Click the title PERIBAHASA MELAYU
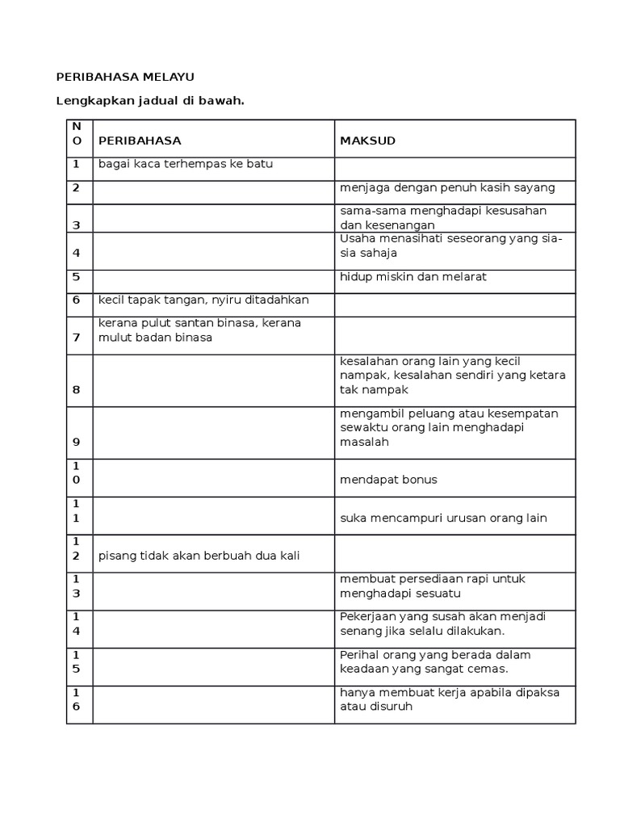point(125,78)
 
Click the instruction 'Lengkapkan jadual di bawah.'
point(149,101)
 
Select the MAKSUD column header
point(368,141)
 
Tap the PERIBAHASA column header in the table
point(140,141)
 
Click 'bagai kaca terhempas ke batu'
point(186,164)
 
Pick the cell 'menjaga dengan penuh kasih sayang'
point(447,188)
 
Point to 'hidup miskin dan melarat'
point(413,276)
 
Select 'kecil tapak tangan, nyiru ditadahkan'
point(203,300)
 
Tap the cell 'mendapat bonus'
point(388,480)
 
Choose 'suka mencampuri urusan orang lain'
point(443,518)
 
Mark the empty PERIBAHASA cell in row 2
point(214,192)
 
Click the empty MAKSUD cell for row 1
point(455,169)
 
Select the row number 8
point(77,389)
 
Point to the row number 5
point(77,276)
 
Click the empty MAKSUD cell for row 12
point(455,553)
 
